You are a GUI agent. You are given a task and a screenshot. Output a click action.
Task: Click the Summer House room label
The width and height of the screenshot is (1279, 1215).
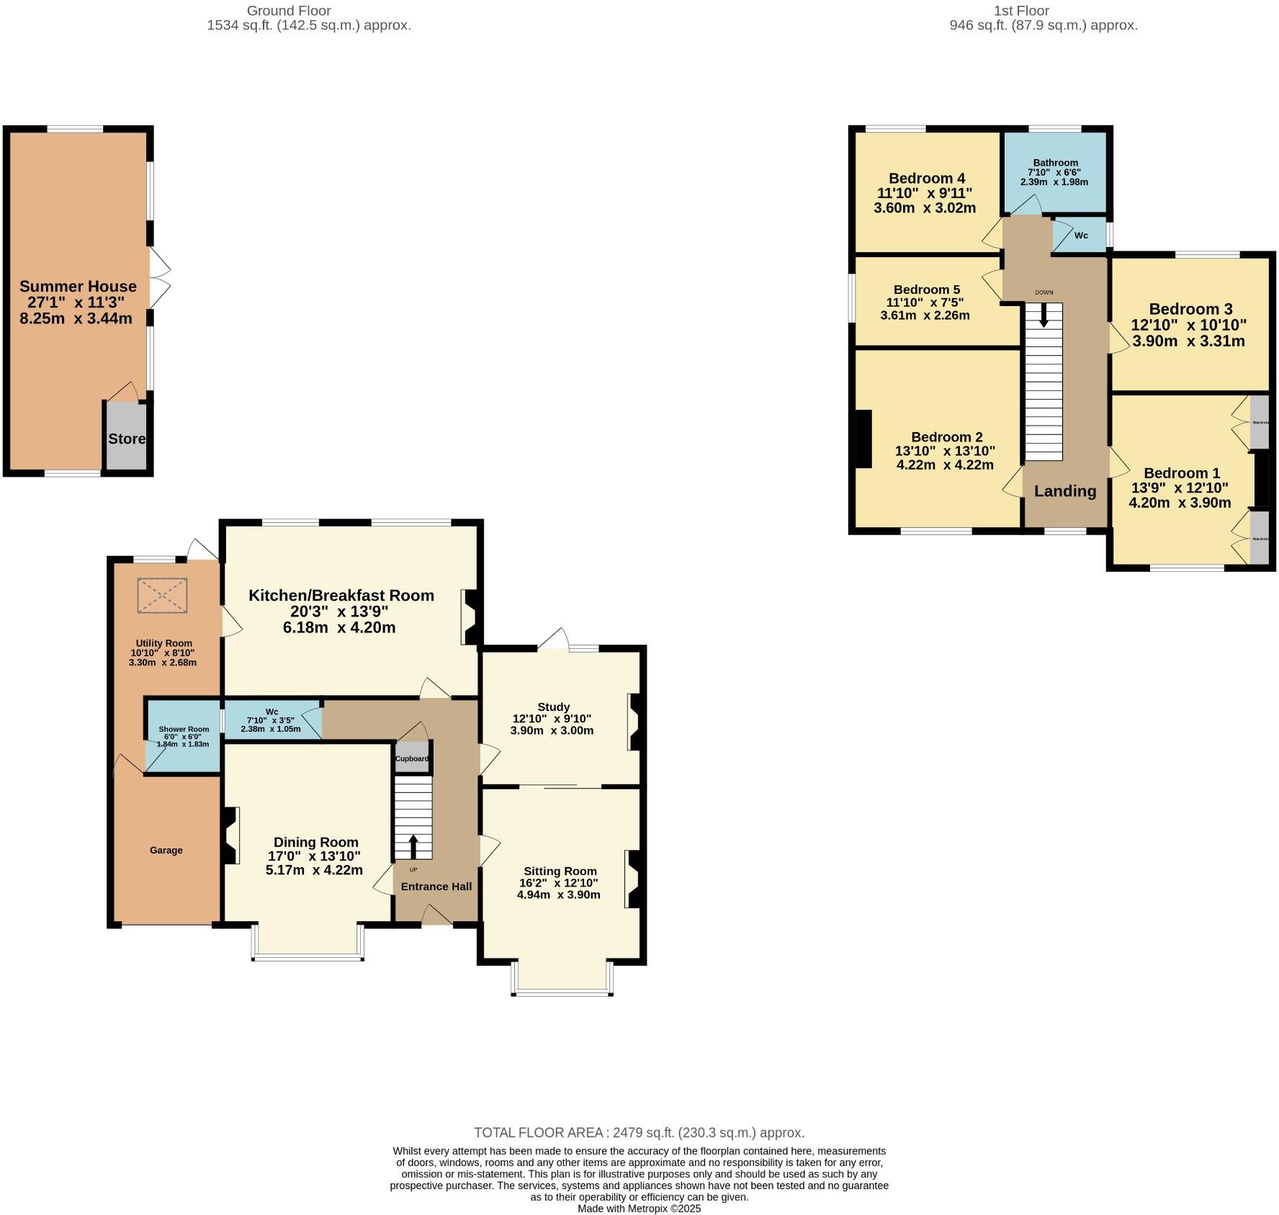[78, 287]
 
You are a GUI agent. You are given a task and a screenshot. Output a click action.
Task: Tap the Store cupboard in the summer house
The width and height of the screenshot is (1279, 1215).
[127, 438]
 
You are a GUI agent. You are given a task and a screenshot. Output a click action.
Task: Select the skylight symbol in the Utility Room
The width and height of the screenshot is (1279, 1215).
[162, 596]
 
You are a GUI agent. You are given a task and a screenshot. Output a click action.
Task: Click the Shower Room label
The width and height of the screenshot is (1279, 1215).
[184, 729]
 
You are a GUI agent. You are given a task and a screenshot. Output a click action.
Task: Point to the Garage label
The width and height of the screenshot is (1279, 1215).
[166, 850]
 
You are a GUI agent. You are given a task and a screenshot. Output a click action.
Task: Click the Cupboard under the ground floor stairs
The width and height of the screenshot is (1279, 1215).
[412, 758]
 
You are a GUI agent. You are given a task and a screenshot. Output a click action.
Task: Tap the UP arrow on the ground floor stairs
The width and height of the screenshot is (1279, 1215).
[413, 846]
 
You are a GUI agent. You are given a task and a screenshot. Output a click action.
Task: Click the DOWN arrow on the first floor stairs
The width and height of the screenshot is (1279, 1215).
[1044, 315]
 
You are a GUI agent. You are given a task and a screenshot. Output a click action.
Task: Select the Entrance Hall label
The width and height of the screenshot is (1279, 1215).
[436, 886]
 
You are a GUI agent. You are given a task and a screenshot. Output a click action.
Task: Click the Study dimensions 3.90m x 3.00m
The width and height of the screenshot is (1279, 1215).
[552, 730]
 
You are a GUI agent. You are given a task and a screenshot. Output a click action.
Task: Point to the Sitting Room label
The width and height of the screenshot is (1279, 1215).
[560, 871]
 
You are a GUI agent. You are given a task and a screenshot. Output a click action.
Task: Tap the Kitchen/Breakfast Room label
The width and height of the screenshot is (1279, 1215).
[341, 595]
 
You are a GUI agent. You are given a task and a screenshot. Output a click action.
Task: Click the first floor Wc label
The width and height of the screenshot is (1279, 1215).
[1081, 236]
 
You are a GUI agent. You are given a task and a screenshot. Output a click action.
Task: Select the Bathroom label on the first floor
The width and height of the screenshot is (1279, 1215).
[1055, 163]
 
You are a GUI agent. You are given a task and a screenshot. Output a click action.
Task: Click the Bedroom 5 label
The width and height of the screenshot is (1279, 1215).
[927, 290]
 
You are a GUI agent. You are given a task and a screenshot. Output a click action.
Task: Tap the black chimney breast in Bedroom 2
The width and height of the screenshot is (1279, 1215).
[862, 439]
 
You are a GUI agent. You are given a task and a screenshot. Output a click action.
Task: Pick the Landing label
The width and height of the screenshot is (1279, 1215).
[1065, 491]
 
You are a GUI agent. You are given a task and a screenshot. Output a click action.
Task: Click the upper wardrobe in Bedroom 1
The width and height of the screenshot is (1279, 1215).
[1259, 421]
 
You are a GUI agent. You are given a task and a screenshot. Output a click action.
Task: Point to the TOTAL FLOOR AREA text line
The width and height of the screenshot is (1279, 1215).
[639, 1132]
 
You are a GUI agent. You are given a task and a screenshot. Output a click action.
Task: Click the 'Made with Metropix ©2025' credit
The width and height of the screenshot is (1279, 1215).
[639, 1209]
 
